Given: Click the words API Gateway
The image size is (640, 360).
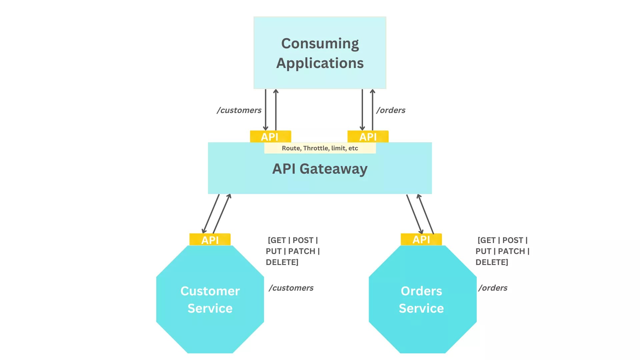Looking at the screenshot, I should pyautogui.click(x=320, y=169).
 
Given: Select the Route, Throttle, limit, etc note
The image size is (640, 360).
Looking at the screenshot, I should pyautogui.click(x=320, y=148).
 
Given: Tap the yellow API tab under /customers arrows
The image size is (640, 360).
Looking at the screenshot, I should pyautogui.click(x=270, y=137).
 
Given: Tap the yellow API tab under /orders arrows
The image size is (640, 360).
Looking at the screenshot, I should pyautogui.click(x=368, y=137).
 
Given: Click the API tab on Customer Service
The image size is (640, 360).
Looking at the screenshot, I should pyautogui.click(x=210, y=240).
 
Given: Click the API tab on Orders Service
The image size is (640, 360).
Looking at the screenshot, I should pyautogui.click(x=421, y=239).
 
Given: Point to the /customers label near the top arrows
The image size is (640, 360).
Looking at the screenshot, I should pyautogui.click(x=239, y=110).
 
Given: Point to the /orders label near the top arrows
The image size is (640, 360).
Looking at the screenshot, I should pyautogui.click(x=391, y=110).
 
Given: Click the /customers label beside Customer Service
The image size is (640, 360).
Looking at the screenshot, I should pyautogui.click(x=291, y=288).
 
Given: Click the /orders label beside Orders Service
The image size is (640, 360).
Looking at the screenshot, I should pyautogui.click(x=493, y=288).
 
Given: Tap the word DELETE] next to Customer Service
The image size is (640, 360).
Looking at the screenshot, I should pyautogui.click(x=282, y=262).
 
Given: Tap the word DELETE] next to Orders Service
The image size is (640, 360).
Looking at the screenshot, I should pyautogui.click(x=492, y=262).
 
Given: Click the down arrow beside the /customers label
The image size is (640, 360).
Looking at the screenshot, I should pyautogui.click(x=266, y=110).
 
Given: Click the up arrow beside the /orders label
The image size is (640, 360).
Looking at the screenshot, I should pyautogui.click(x=373, y=110).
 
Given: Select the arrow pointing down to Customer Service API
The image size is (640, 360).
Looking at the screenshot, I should pyautogui.click(x=211, y=214).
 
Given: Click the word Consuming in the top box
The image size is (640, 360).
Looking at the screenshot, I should pyautogui.click(x=320, y=44).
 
